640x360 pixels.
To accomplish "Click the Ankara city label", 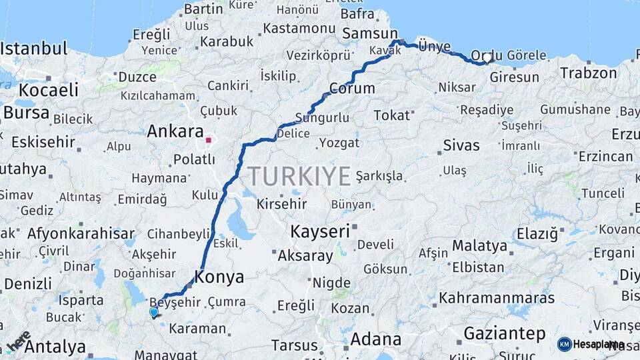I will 175,131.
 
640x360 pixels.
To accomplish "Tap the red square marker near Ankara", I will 209,141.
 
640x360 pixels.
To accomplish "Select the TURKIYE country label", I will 299,176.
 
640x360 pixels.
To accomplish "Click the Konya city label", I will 219,277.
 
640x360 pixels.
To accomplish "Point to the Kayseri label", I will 319,231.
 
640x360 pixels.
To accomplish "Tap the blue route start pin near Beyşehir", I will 154,311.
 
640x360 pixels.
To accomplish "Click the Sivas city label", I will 461,145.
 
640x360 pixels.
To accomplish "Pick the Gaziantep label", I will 504,333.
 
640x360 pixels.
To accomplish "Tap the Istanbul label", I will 34,48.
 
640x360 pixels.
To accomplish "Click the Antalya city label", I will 56,347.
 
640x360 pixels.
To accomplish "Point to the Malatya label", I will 479,245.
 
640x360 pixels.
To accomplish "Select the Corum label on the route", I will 352,88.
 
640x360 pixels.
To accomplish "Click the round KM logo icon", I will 565,344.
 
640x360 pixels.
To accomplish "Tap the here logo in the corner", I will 18,341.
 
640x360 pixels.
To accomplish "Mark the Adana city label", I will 375,339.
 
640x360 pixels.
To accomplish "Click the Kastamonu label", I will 298,29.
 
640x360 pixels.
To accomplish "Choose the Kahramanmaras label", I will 497,297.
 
